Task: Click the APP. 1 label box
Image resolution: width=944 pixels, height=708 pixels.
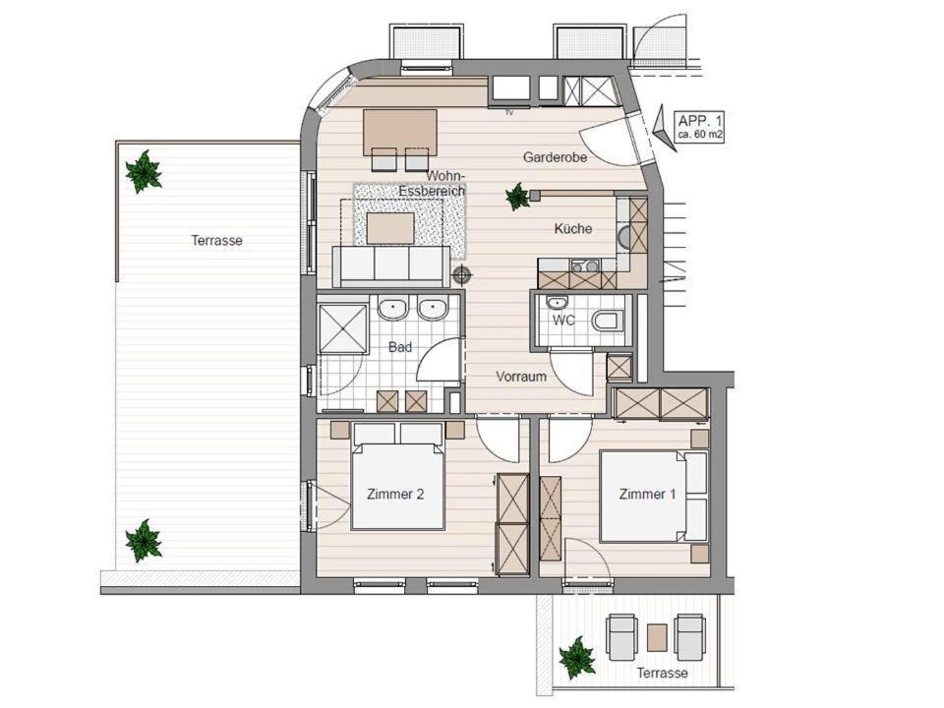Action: (699, 127)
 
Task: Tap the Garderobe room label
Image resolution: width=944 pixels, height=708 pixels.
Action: (555, 157)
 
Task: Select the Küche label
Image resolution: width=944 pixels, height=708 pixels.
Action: (573, 229)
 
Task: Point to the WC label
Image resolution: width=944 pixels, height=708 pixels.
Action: (563, 321)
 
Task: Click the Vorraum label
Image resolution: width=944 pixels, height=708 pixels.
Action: (521, 377)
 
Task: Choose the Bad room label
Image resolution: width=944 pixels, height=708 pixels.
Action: (400, 347)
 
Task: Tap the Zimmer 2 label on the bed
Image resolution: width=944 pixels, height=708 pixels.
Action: (395, 495)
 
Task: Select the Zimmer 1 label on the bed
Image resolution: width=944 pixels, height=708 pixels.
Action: (647, 495)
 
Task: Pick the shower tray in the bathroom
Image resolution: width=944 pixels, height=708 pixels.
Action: (343, 329)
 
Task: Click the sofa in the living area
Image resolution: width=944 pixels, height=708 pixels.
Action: (391, 266)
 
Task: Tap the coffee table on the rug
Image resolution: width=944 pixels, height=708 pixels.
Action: (390, 228)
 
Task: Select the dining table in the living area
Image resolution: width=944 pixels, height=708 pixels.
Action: (400, 131)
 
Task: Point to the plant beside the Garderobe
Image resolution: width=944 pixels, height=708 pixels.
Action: (517, 197)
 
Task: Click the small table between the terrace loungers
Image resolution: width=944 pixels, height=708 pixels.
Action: (657, 638)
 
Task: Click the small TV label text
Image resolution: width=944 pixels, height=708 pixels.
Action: (509, 112)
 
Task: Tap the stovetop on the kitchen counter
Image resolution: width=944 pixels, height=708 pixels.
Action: (584, 266)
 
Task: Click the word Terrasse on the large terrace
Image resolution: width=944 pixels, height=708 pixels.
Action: (216, 241)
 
